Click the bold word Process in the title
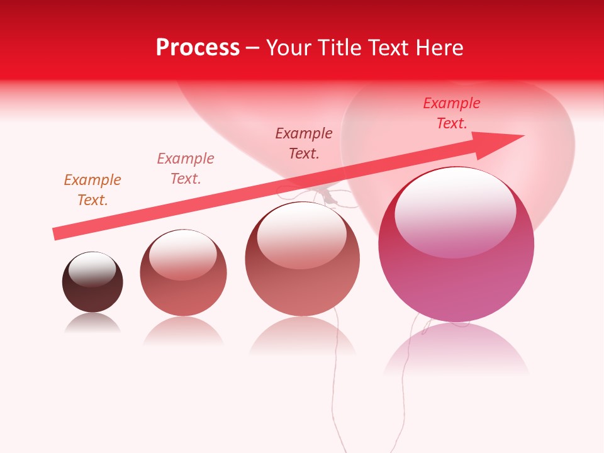198,47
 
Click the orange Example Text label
92,190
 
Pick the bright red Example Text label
452,113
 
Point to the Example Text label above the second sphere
186,169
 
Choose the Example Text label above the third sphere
304,143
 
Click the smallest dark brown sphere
92,289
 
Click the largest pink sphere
456,271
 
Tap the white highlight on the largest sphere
455,211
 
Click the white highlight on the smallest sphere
92,269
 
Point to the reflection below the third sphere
303,337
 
